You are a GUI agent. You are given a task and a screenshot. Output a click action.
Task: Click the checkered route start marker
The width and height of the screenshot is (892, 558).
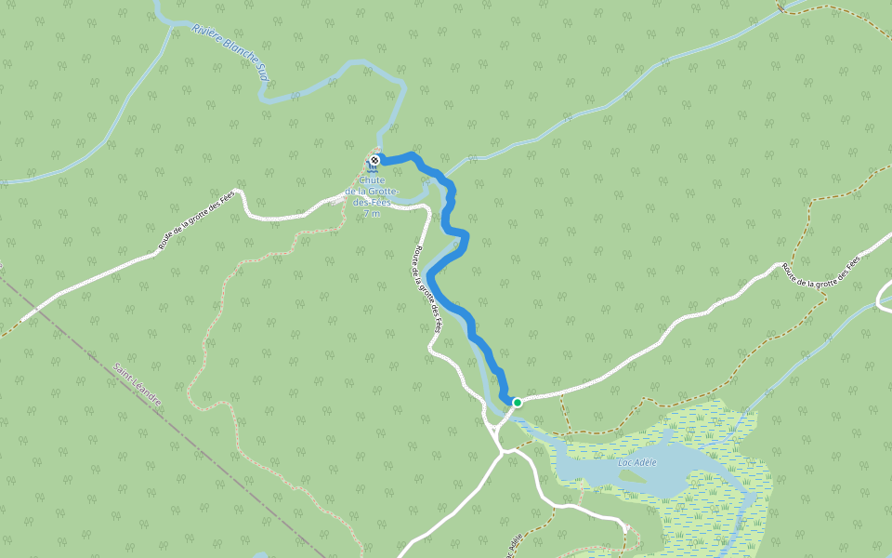pyautogui.click(x=374, y=161)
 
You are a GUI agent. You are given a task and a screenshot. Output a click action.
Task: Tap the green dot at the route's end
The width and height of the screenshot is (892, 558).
pyautogui.click(x=517, y=403)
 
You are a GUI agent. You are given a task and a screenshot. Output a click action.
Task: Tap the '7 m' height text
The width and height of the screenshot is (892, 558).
pyautogui.click(x=372, y=215)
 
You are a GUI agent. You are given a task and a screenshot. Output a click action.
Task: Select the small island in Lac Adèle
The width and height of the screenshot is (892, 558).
pyautogui.click(x=631, y=476)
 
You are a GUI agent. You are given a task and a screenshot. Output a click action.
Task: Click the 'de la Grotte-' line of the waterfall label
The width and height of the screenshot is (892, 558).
pyautogui.click(x=373, y=193)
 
